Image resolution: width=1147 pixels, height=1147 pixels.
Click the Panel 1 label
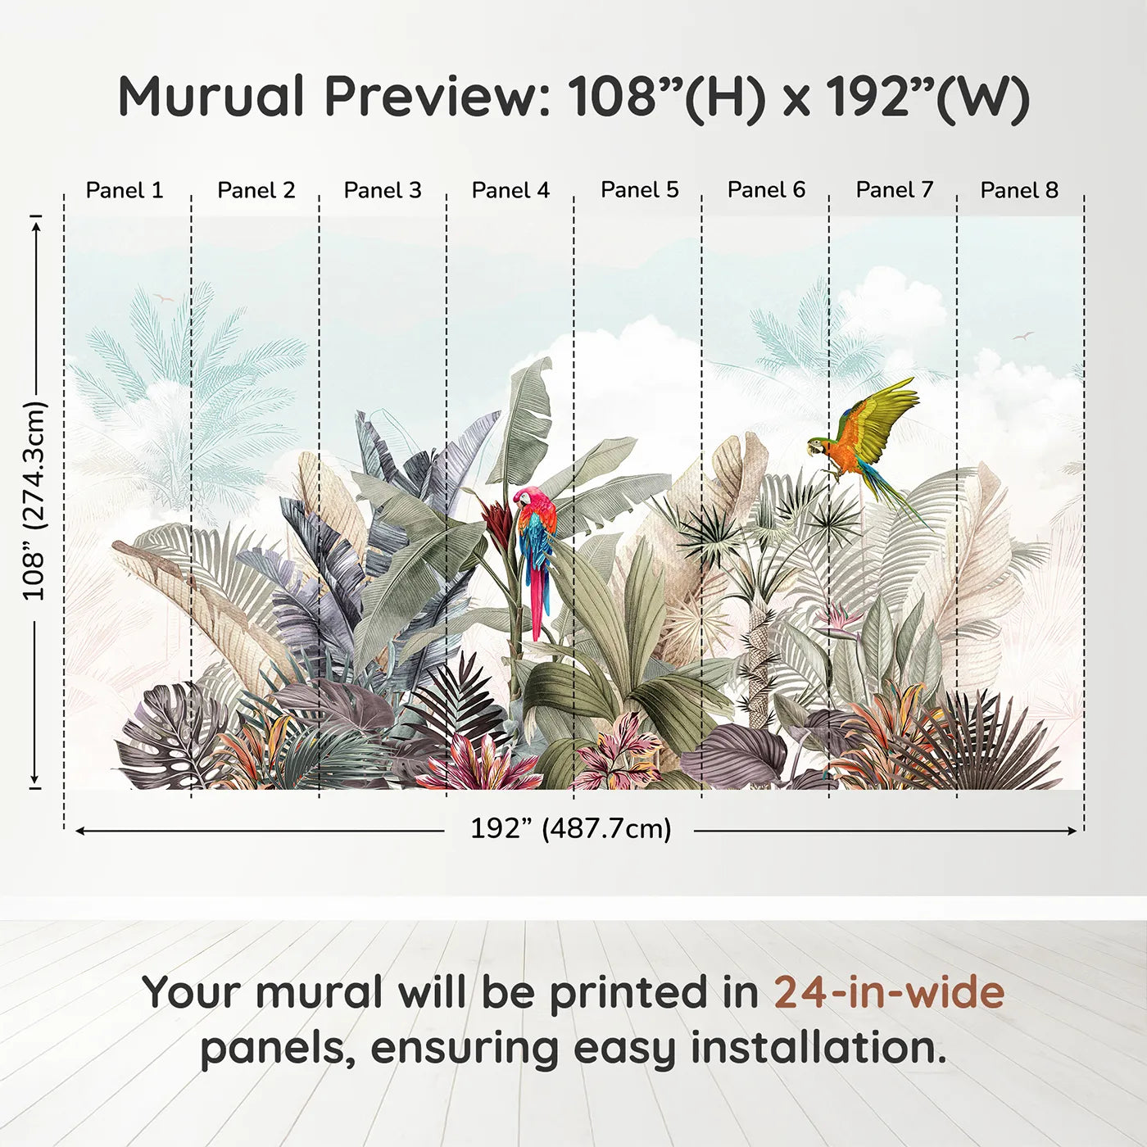click(125, 190)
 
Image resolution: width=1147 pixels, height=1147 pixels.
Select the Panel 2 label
click(256, 190)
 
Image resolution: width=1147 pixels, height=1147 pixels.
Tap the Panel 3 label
click(383, 190)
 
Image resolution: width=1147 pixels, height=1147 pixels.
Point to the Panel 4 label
click(510, 190)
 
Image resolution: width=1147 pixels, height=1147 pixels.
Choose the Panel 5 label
click(640, 190)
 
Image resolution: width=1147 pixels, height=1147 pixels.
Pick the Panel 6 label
click(767, 190)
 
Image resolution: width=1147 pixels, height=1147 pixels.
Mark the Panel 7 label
click(895, 190)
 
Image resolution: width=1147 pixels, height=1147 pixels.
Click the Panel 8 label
click(1019, 190)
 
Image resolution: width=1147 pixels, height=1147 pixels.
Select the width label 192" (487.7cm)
click(570, 829)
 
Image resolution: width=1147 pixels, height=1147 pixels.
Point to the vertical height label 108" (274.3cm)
click(34, 501)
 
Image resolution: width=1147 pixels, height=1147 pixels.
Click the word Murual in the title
click(211, 97)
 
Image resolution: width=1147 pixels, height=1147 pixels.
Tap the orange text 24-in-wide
click(889, 992)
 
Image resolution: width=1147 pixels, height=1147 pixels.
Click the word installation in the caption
click(818, 1048)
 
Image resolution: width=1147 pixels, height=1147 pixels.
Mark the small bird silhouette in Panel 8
click(1022, 336)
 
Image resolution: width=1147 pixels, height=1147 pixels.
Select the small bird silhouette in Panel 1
click(163, 298)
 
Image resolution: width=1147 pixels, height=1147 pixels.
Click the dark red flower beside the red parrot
click(497, 517)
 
